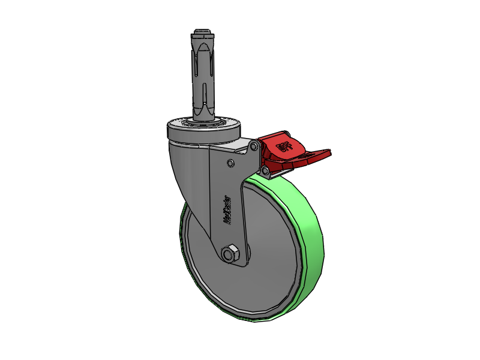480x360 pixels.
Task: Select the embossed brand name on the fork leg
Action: click(227, 210)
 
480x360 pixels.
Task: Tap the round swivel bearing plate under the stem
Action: click(204, 126)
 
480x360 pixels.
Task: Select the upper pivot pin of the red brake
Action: click(256, 146)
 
